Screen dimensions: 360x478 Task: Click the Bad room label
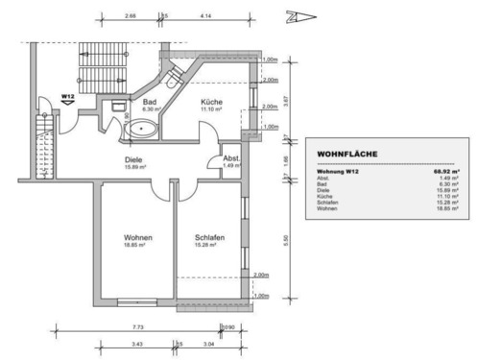[x=150, y=100]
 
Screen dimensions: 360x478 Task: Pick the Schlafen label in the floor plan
[x=209, y=237]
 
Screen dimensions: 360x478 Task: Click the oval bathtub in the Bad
[x=147, y=126]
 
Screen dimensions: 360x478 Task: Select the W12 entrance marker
[x=68, y=97]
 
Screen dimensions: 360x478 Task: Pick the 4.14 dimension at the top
[x=206, y=16]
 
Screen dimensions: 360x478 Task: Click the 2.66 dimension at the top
[x=130, y=16]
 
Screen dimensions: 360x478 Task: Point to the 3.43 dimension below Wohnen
[x=138, y=344]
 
